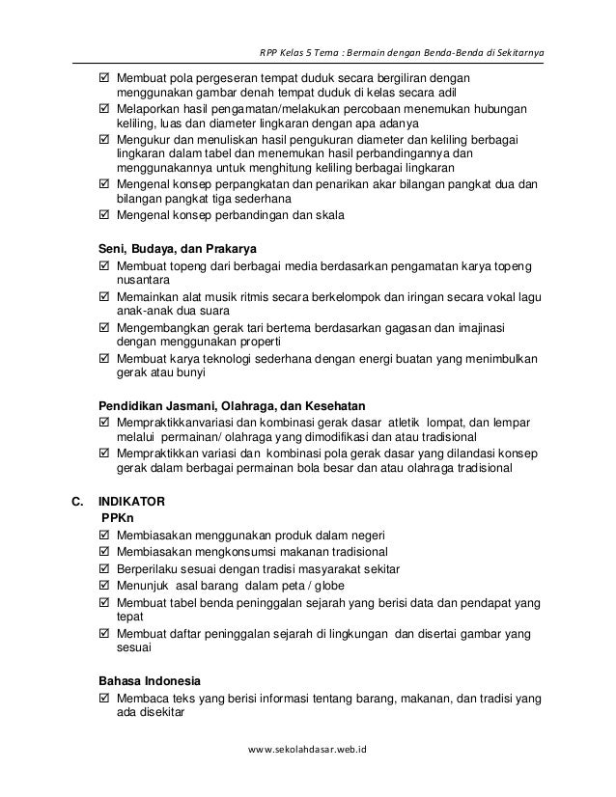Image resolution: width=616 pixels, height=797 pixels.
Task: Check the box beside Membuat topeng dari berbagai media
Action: click(x=105, y=265)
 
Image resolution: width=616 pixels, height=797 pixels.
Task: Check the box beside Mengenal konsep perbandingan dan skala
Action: click(x=105, y=214)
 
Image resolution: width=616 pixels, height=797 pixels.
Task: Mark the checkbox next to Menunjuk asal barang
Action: click(x=105, y=585)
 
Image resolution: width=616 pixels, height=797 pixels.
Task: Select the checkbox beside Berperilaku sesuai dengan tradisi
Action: click(x=105, y=568)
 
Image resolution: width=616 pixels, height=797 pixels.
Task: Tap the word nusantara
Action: click(x=141, y=280)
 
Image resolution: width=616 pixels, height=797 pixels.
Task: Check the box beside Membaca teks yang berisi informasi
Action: click(x=105, y=700)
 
